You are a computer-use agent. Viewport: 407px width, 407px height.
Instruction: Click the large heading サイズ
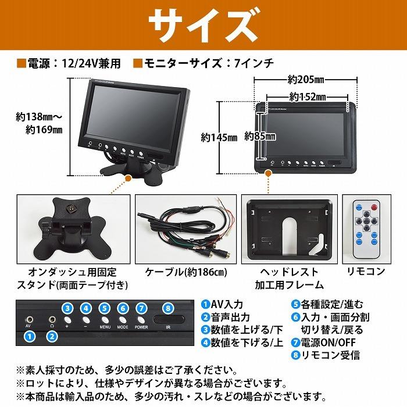coord(203,24)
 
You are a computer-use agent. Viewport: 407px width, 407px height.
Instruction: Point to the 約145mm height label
coord(219,138)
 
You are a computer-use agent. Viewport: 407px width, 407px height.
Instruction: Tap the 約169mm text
coord(44,130)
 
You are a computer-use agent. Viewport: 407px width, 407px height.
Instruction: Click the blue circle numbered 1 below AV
coord(30,335)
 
